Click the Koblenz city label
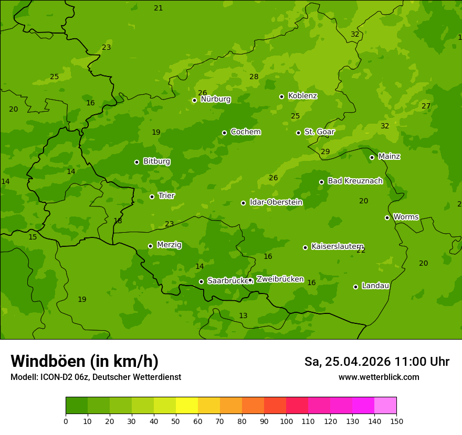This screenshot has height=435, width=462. coord(302,96)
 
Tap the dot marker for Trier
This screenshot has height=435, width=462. coord(152,197)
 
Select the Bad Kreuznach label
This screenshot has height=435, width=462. coord(355,181)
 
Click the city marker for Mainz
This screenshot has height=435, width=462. coord(372,157)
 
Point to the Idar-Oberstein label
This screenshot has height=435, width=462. coord(276,202)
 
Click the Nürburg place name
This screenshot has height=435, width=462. coord(215,99)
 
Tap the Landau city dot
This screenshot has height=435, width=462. coord(355,287)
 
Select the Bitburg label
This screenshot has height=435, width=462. coord(156,161)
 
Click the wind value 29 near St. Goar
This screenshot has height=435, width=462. coord(325,152)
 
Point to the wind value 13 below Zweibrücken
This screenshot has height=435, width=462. coord(243,316)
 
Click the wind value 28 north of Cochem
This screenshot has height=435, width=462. coord(254,77)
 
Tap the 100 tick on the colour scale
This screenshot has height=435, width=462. coord(286,421)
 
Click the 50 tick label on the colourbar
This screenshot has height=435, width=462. coord(176,421)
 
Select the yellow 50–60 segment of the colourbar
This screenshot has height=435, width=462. coord(187,406)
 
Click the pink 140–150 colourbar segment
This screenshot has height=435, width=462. coord(385,406)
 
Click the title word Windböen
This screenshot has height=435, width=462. coord(47,361)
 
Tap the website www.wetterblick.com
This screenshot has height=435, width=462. coord(379,377)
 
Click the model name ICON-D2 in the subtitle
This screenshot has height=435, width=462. coord(57,377)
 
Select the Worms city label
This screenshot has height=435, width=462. coord(406,217)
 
